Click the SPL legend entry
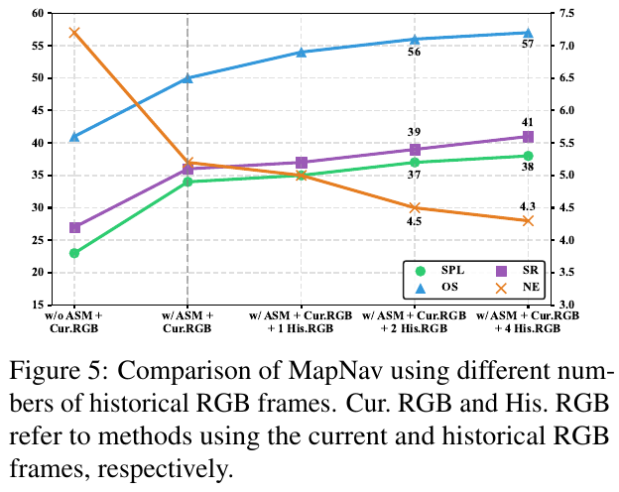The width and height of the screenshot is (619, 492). pos(441,270)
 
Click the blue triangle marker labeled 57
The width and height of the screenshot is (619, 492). pos(528,33)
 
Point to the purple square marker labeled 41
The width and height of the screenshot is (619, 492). pos(528,136)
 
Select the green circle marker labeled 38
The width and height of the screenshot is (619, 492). pos(528,156)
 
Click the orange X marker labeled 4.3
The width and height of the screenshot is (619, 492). pos(528,220)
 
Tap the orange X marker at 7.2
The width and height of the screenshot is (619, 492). pos(74,33)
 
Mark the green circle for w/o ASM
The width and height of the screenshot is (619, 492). pos(74,253)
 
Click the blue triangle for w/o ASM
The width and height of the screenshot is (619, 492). pos(74,136)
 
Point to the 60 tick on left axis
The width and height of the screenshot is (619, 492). pos(40,14)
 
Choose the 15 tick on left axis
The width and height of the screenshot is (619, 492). pos(40,305)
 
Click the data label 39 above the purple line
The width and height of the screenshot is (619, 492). pos(415,131)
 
